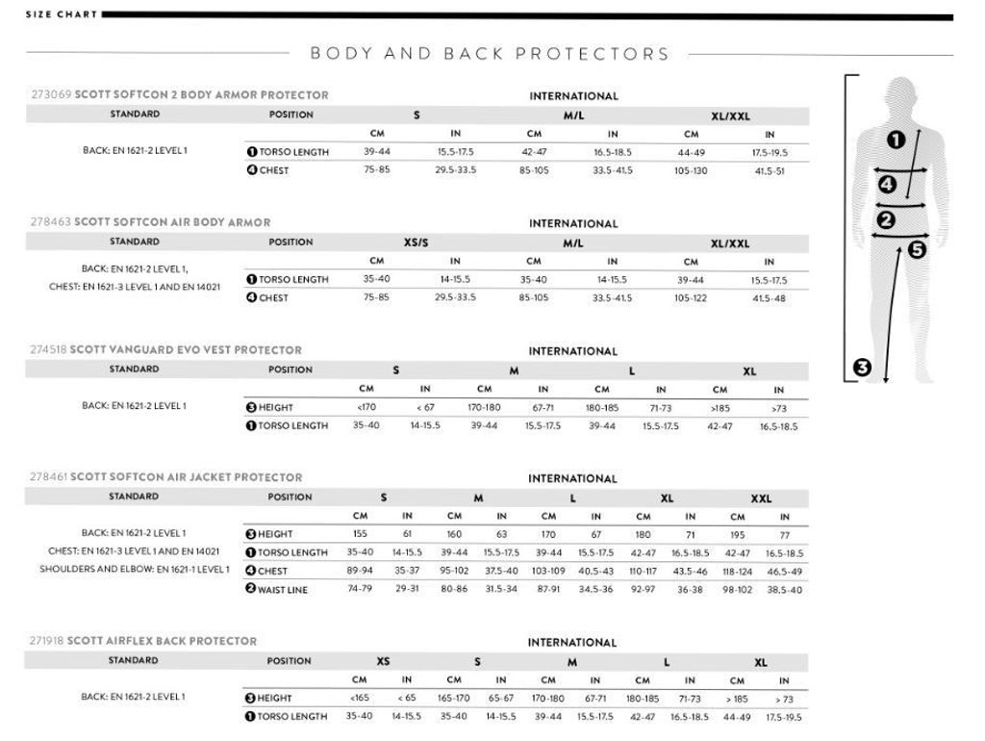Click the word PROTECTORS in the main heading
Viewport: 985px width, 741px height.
593,54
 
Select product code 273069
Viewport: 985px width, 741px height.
48,95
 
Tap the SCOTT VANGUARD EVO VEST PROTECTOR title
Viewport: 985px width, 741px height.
186,350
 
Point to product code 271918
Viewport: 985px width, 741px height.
47,641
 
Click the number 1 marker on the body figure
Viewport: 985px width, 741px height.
895,141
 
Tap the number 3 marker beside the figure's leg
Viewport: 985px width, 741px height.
862,367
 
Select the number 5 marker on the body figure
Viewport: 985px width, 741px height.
916,250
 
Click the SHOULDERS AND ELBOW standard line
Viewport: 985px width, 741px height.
135,570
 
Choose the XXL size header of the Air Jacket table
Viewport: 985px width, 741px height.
761,498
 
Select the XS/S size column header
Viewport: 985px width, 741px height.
416,243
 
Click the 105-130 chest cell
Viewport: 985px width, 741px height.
691,170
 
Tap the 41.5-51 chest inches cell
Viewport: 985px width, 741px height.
769,170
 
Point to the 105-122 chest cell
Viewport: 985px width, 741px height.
691,297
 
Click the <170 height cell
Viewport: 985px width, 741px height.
366,407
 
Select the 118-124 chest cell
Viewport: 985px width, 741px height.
738,571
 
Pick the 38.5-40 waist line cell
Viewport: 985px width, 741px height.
785,589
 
